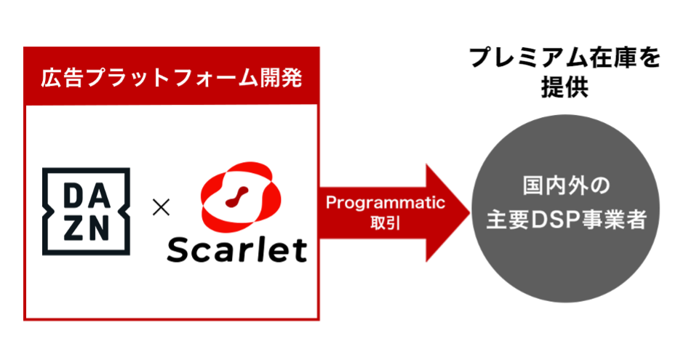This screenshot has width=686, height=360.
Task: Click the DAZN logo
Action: click(86, 212)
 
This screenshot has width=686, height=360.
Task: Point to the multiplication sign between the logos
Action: click(161, 207)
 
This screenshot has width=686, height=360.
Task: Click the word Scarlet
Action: click(236, 251)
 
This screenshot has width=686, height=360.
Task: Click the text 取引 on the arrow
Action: click(386, 223)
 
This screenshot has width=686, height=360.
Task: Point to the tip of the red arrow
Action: click(471, 213)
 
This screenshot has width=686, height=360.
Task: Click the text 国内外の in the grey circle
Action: click(566, 185)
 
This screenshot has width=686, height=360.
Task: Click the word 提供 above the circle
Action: click(565, 87)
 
